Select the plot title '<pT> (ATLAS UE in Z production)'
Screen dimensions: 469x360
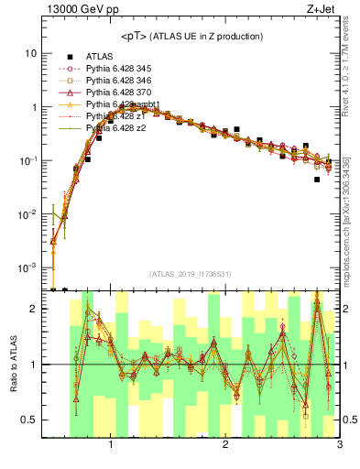(191, 36)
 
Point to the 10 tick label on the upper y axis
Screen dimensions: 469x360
(31, 53)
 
